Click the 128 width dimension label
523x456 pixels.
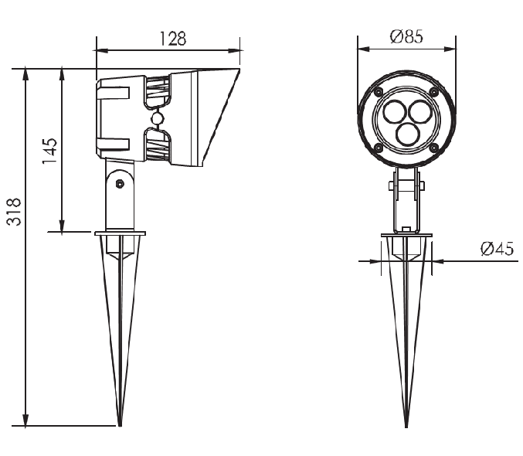click(173, 39)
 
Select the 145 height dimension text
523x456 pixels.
click(49, 151)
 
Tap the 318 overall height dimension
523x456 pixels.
click(14, 212)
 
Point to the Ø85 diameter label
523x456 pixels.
click(406, 36)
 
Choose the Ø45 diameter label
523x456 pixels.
click(497, 249)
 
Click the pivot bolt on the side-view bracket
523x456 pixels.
click(120, 184)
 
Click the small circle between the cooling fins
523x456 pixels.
click(157, 118)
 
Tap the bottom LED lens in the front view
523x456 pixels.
click(407, 133)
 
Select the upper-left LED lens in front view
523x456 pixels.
click(394, 111)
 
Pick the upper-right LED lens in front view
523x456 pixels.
click(419, 111)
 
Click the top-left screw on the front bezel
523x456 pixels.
click(379, 91)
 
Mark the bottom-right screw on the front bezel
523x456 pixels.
click(434, 147)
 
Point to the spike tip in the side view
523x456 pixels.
click(120, 426)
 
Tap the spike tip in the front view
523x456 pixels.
click(406, 427)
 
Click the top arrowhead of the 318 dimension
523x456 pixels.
click(25, 74)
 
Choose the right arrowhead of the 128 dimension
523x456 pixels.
click(234, 51)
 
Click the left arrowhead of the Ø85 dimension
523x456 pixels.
click(364, 49)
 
